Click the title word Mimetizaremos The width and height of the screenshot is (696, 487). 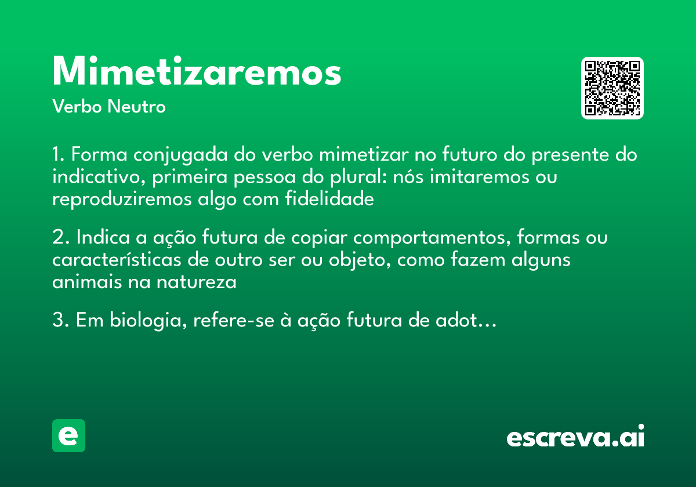(x=197, y=72)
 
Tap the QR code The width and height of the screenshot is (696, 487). (x=612, y=88)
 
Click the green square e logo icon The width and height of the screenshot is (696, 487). (x=68, y=435)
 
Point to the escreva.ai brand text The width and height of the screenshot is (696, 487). (x=575, y=437)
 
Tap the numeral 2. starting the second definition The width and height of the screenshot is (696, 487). (x=60, y=238)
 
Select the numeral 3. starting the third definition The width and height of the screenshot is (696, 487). (x=60, y=321)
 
